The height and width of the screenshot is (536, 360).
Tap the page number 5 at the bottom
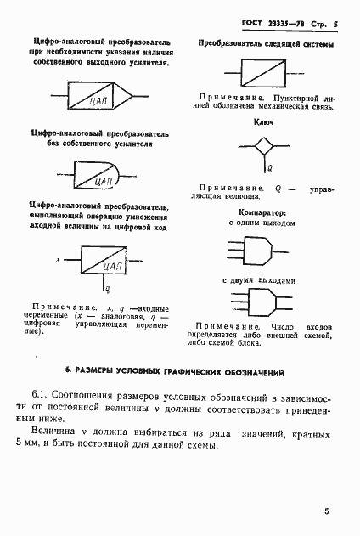326,511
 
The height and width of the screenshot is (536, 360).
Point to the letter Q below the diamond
269,168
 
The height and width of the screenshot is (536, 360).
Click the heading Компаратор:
262,213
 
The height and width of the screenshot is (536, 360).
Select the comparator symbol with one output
256,247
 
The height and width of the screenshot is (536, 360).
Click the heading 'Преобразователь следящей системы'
265,42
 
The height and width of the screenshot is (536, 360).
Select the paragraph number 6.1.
43,398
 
